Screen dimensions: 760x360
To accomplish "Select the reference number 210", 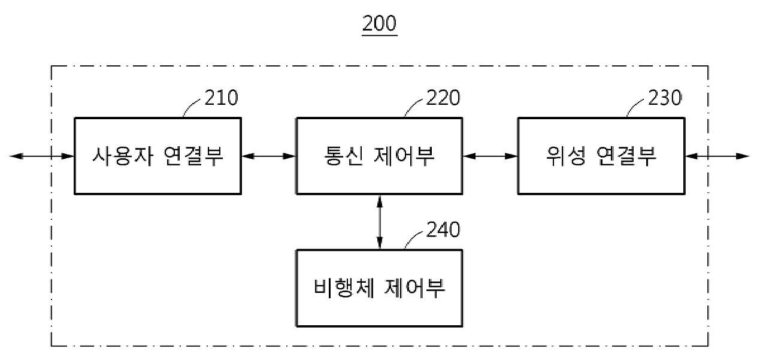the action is point(222,98).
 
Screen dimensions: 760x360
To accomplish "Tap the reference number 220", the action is point(443,98).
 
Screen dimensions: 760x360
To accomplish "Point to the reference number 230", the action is point(665,98).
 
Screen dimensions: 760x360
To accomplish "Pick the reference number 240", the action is point(443,229).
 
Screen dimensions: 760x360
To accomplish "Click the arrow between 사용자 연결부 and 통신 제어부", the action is point(269,156).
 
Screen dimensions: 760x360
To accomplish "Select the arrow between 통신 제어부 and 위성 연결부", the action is point(490,156).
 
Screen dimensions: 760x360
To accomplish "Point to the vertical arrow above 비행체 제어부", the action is point(380,222).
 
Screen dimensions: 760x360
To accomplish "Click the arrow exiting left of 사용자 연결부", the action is point(42,156).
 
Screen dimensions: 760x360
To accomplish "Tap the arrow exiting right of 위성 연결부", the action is point(717,156).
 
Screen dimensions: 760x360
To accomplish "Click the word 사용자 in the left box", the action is point(123,156).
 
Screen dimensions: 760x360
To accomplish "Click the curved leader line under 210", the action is point(190,105).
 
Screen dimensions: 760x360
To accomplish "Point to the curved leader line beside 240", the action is point(413,238).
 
